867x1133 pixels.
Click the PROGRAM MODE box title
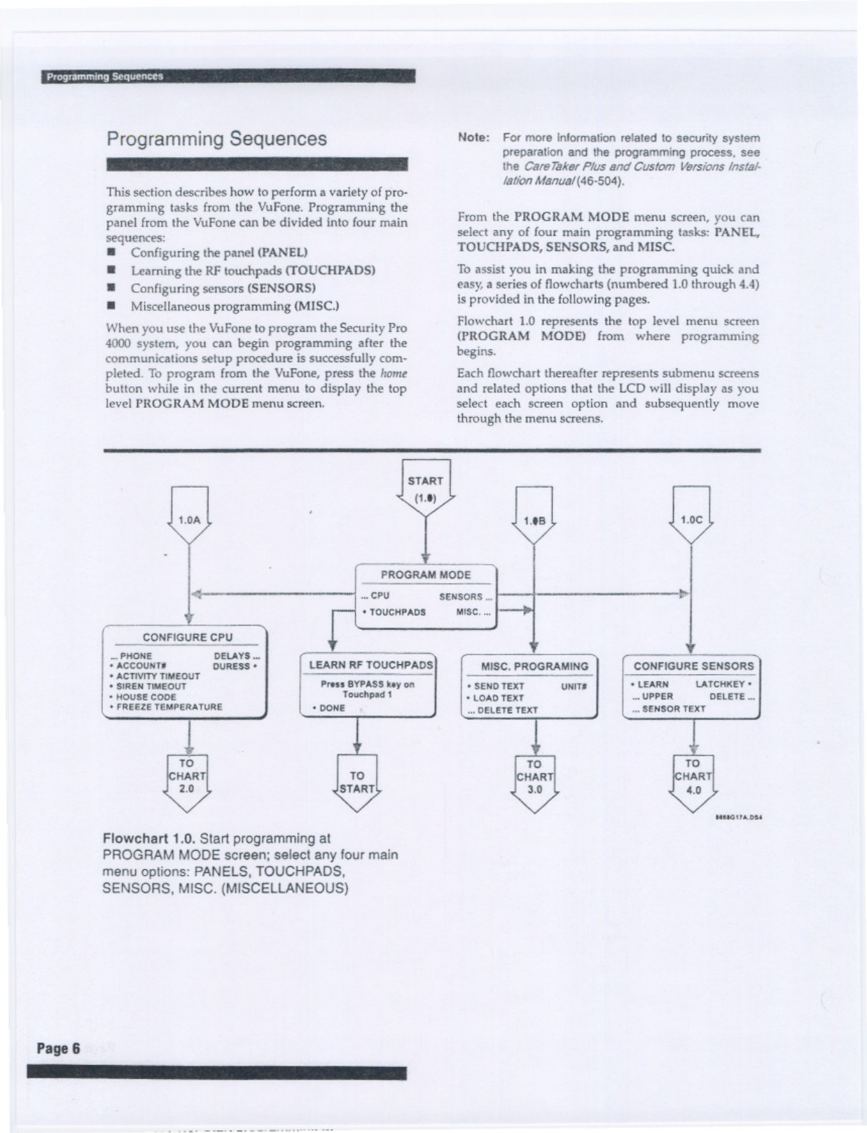pos(426,575)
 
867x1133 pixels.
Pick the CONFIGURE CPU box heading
pos(187,638)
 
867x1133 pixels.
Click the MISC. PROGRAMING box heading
pos(534,666)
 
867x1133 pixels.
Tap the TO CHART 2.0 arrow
pos(187,778)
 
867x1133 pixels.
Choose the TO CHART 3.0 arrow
pos(534,779)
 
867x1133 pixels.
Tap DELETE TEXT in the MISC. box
pos(504,710)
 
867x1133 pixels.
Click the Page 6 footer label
pos(59,1049)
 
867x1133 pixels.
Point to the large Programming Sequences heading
pos(216,139)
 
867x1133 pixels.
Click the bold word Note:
pos(473,137)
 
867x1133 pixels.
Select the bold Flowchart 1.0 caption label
pos(148,839)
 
